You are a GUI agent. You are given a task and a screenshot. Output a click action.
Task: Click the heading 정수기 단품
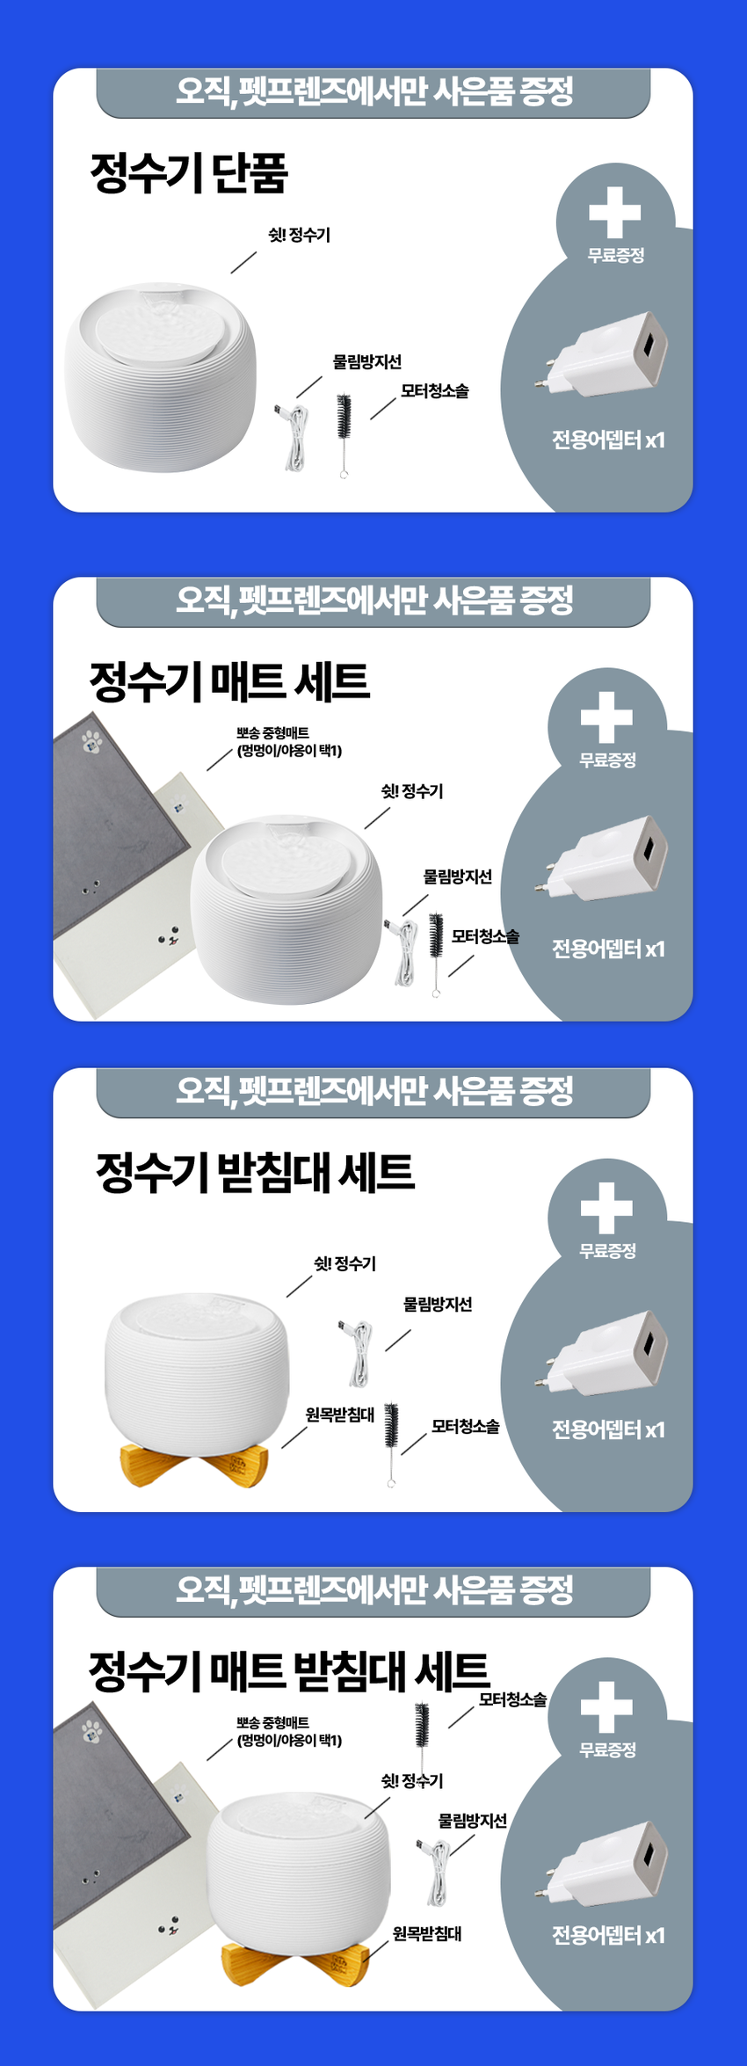point(189,172)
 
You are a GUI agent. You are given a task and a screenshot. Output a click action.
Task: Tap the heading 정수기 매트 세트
point(229,681)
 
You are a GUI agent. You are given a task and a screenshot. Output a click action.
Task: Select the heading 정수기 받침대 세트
point(255,1172)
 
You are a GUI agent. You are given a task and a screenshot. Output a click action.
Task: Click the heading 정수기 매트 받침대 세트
point(289,1670)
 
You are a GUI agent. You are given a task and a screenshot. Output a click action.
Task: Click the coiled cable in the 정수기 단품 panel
point(296,435)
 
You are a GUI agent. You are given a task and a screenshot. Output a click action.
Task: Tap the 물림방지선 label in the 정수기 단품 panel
point(366,361)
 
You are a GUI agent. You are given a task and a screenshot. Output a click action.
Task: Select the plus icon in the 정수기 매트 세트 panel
point(606,717)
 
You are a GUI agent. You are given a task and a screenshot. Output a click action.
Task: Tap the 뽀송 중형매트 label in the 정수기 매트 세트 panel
point(273,732)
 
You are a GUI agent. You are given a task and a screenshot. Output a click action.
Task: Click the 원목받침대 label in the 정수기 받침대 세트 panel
point(339,1414)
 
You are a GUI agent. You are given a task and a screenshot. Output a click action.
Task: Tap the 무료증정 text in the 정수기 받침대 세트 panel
point(607,1250)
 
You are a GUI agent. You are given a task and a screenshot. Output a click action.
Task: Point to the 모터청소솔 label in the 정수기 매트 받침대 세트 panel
point(512,1699)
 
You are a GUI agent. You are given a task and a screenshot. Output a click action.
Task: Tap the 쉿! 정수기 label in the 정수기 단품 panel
point(299,235)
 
